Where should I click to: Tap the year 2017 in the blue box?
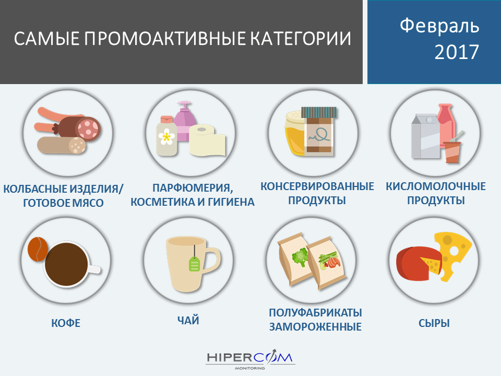tap(457, 52)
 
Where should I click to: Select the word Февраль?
tap(439, 26)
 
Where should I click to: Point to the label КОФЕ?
tap(66, 323)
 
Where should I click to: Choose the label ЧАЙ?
tap(188, 320)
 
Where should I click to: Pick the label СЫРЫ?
tap(434, 323)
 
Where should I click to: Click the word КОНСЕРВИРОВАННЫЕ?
tap(317, 186)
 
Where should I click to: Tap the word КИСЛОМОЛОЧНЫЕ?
tap(435, 186)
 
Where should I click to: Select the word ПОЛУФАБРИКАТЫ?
tap(315, 312)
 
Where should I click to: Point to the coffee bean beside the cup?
tap(38, 249)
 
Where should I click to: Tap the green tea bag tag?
tap(194, 264)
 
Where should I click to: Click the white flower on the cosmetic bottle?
tap(166, 136)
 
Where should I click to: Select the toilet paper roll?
tap(207, 140)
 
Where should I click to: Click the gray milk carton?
tap(425, 136)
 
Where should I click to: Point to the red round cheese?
tap(415, 263)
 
